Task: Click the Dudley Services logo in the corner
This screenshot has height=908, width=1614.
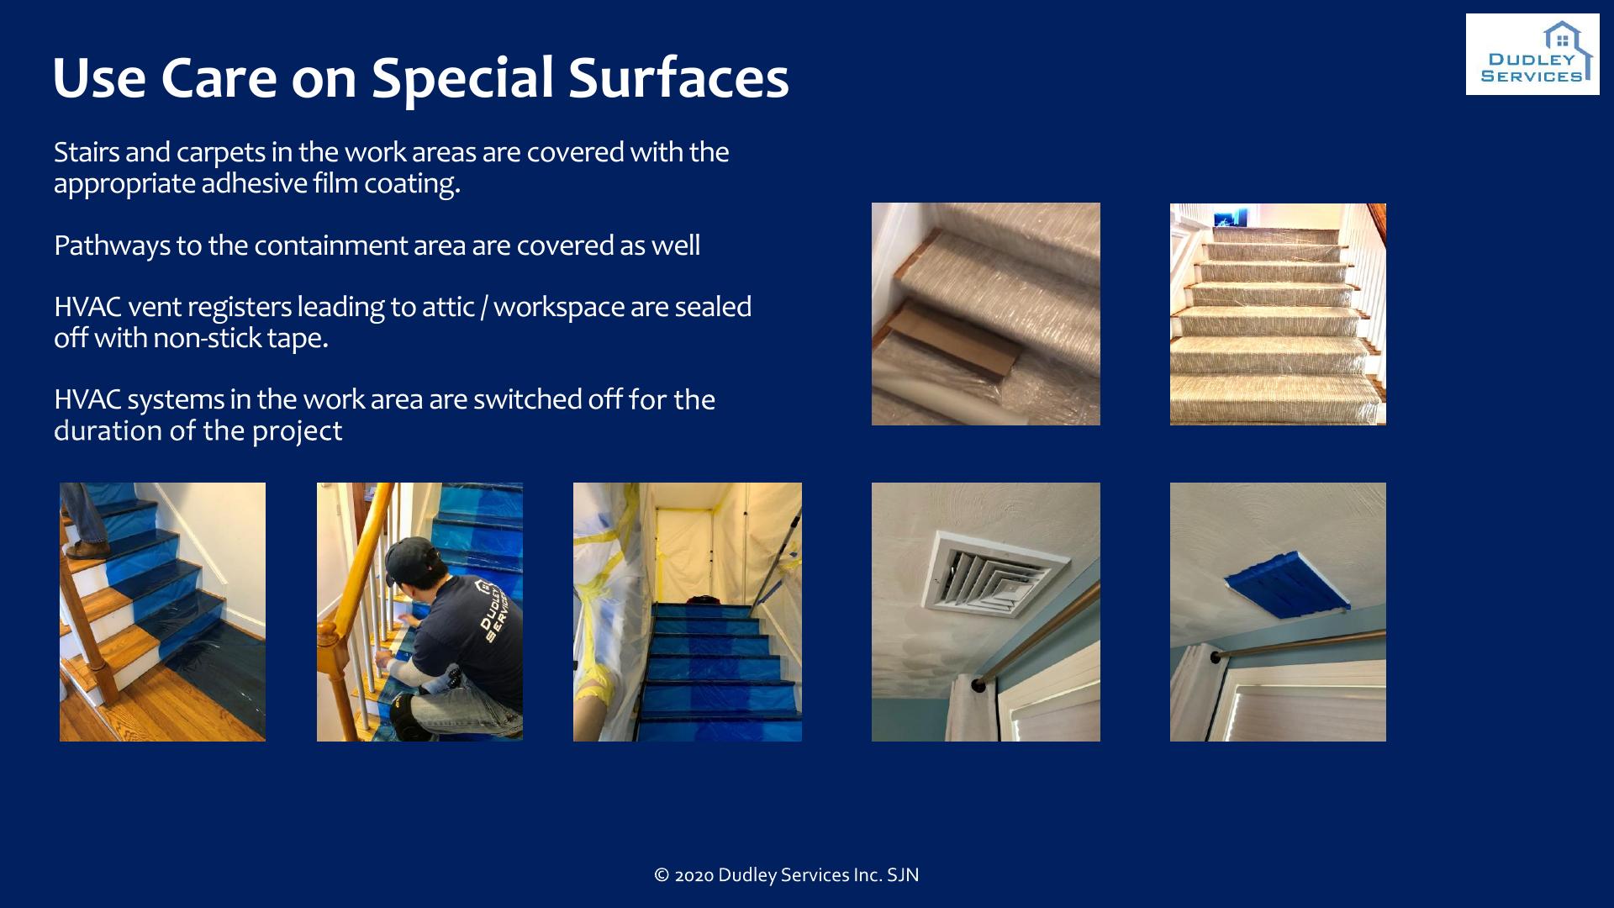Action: [x=1532, y=54]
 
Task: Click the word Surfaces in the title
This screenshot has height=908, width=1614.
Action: [x=678, y=77]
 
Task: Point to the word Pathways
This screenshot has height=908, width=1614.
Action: [x=112, y=245]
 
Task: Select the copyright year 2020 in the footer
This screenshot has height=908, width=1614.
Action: [x=694, y=875]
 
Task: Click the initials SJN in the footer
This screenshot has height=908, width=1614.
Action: [x=903, y=875]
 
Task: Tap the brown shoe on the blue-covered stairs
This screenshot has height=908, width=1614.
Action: [x=87, y=551]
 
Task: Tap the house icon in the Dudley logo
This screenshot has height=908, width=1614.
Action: [x=1562, y=36]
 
